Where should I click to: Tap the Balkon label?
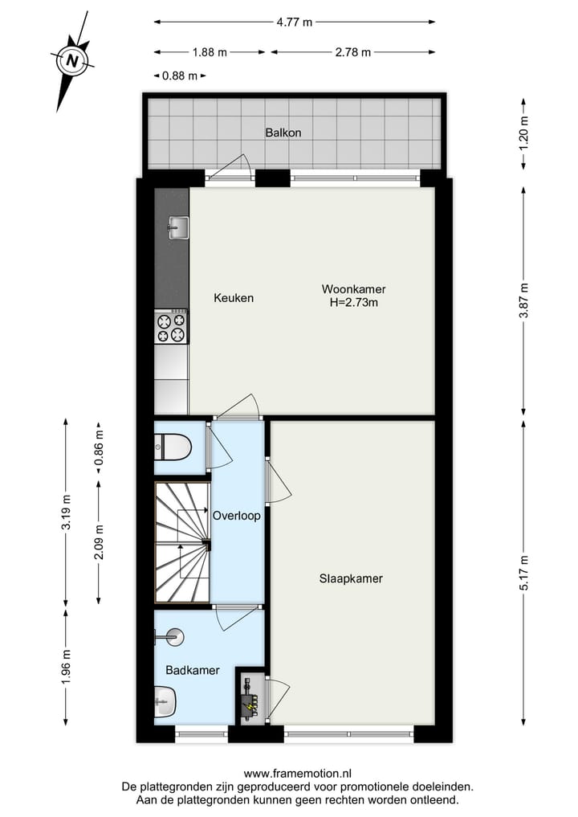point(283,133)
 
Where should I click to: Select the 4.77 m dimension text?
point(295,22)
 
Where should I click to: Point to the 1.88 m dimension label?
point(210,52)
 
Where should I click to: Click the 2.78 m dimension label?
point(352,52)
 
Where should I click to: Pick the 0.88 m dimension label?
point(179,76)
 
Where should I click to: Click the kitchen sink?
point(177,227)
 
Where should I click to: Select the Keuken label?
point(234,298)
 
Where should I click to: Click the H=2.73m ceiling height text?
point(353,303)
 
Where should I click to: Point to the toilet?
point(173,445)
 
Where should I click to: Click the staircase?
point(182,542)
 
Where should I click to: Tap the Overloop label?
point(236,516)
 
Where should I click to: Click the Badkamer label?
point(193,670)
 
